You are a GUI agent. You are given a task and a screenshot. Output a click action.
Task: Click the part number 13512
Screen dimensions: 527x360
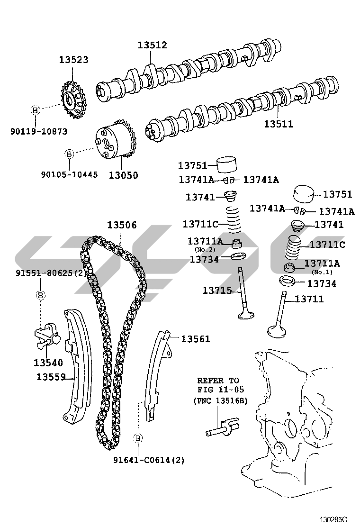point(152,45)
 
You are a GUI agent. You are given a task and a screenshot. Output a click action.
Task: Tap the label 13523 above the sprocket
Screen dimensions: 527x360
point(73,60)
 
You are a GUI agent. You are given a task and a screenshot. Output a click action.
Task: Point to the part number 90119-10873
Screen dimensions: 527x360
point(39,131)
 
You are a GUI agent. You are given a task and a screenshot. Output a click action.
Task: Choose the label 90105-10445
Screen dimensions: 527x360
point(69,174)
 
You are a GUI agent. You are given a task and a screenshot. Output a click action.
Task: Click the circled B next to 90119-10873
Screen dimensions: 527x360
point(35,110)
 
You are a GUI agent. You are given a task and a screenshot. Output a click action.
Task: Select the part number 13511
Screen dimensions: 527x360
point(279,124)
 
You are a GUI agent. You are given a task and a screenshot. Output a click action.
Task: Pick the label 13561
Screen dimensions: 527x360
point(195,339)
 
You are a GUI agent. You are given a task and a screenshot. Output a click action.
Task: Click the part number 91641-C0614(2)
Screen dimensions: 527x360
point(149,460)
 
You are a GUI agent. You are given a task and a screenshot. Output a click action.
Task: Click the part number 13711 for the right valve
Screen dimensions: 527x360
point(309,299)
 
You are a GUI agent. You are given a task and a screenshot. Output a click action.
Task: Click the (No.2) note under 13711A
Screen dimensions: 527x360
point(205,249)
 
